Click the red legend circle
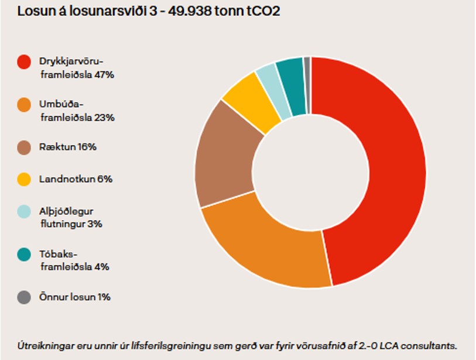[24, 62]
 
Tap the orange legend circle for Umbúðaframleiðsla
[24, 105]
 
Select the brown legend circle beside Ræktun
[24, 147]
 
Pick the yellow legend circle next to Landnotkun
[24, 180]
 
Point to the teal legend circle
[24, 255]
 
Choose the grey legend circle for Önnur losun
[24, 297]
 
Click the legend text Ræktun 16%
[68, 147]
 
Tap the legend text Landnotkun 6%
[76, 180]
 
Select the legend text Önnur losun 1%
[75, 297]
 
